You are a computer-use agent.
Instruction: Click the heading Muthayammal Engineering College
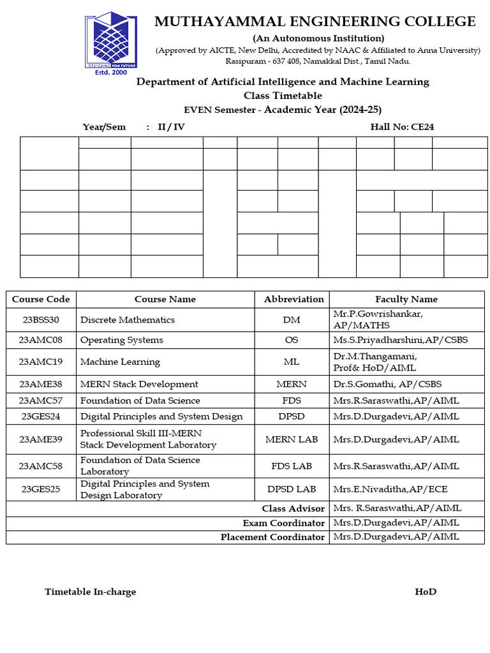(x=315, y=22)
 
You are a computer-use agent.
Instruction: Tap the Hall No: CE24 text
(x=402, y=127)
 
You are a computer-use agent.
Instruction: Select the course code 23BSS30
(x=41, y=319)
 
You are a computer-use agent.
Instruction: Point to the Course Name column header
(x=165, y=299)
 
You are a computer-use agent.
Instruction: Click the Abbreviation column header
(x=293, y=299)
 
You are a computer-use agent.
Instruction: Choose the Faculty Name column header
(x=406, y=299)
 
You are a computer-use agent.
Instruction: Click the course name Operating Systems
(x=122, y=340)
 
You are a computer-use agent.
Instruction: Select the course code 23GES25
(x=41, y=489)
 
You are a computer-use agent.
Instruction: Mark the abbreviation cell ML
(x=291, y=362)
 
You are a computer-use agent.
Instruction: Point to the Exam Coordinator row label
(x=283, y=523)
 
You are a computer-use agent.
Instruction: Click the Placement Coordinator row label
(x=272, y=537)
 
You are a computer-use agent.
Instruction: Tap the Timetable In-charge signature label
(x=90, y=592)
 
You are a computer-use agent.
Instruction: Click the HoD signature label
(x=426, y=592)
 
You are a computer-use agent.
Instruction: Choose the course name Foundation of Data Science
(x=140, y=400)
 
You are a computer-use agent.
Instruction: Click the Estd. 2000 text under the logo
(x=110, y=72)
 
